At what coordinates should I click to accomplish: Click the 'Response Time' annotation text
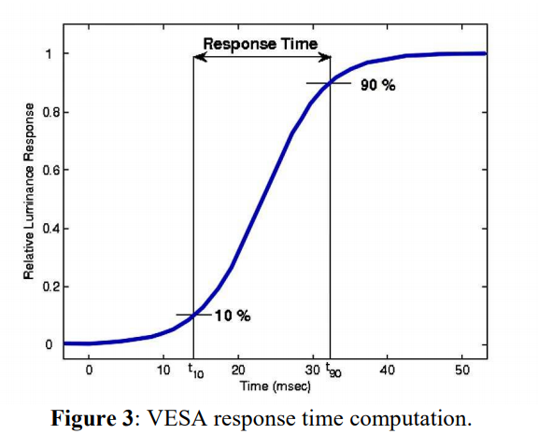click(x=261, y=45)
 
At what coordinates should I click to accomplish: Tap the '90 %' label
click(x=377, y=85)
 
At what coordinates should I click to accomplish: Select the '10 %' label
click(x=233, y=315)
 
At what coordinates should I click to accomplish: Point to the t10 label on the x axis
click(x=196, y=371)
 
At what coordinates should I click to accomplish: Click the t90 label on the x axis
click(x=333, y=370)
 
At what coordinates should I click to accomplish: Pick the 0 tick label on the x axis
click(x=89, y=371)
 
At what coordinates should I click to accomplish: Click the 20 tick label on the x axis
click(x=238, y=371)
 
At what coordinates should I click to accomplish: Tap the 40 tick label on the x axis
click(x=388, y=371)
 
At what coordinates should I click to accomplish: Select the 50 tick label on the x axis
click(x=462, y=371)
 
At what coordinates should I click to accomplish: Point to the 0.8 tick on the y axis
click(x=50, y=112)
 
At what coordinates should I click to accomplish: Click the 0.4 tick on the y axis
click(x=50, y=229)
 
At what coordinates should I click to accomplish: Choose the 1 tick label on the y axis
click(x=49, y=54)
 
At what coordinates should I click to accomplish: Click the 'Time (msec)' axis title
click(x=276, y=386)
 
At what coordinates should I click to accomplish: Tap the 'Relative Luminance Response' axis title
click(x=29, y=191)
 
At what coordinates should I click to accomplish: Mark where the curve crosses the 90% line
click(x=331, y=83)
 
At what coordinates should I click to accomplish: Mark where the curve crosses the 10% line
click(x=193, y=315)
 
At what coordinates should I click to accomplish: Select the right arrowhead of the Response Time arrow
click(x=324, y=57)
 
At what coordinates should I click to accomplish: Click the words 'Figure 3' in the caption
click(x=92, y=418)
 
